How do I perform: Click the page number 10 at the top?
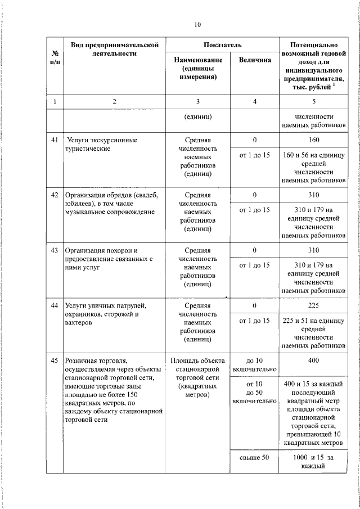click(197, 24)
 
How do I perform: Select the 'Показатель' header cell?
click(222, 44)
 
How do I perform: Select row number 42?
click(55, 195)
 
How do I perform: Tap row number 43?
click(55, 250)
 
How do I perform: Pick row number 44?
click(55, 305)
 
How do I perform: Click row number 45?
click(55, 360)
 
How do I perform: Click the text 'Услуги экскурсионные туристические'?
click(101, 144)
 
